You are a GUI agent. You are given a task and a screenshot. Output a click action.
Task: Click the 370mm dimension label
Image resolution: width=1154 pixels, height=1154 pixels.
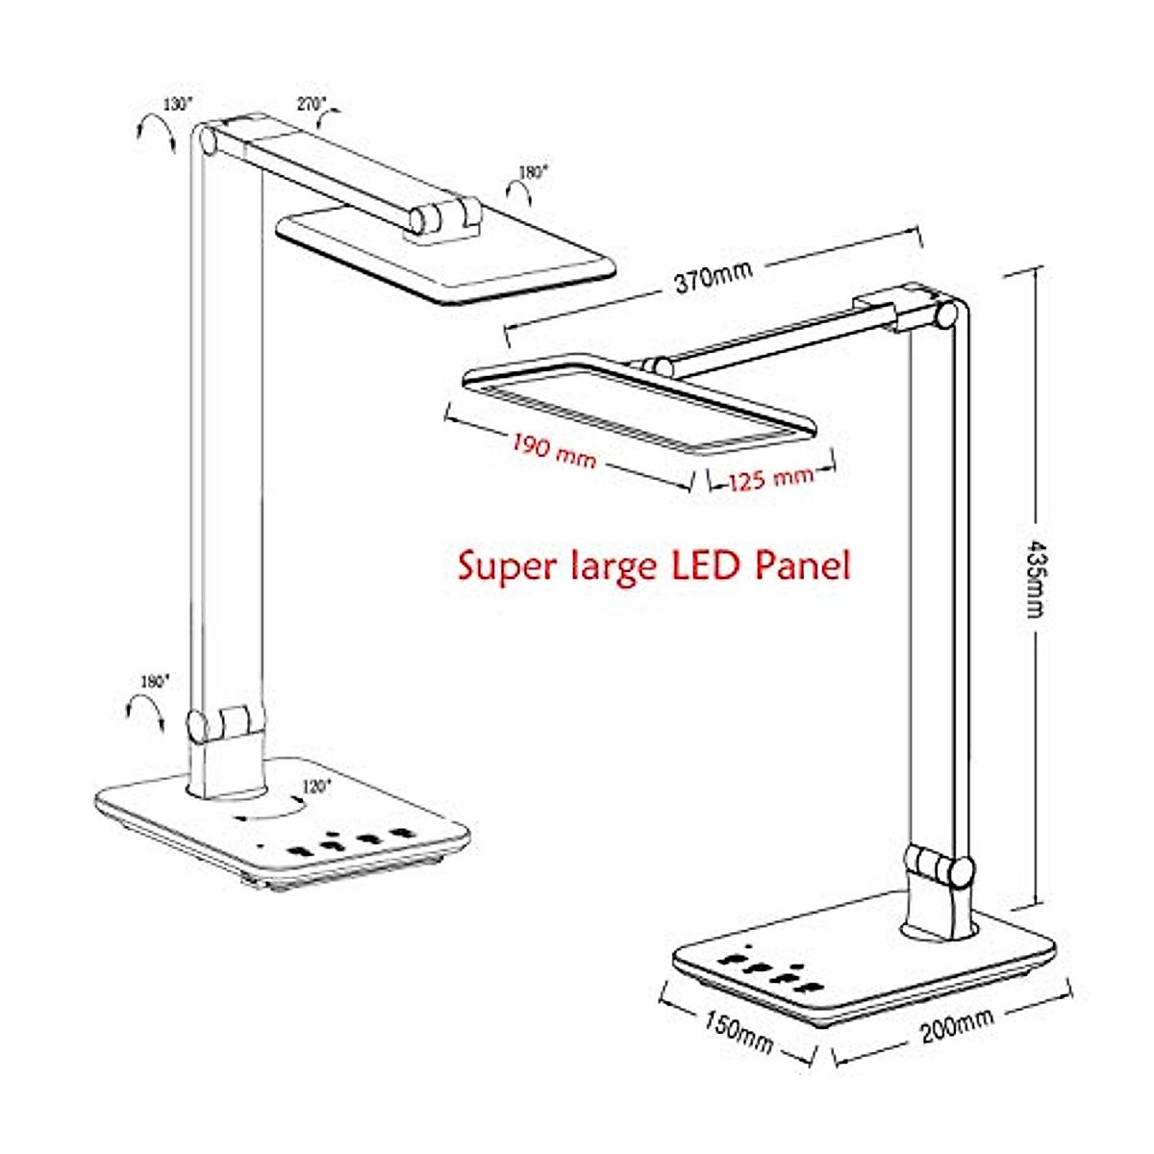(x=713, y=277)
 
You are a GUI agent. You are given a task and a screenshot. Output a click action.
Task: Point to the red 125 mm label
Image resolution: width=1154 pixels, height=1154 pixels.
(x=769, y=476)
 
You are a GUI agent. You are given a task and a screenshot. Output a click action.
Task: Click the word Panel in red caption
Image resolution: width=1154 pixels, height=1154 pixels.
(x=804, y=564)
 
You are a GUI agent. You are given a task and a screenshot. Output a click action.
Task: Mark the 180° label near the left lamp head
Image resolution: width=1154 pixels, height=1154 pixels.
(x=532, y=173)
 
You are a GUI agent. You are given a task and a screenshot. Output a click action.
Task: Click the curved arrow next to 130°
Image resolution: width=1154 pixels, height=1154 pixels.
(x=156, y=132)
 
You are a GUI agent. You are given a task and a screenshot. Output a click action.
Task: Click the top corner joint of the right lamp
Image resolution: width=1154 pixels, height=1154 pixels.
(x=947, y=313)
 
